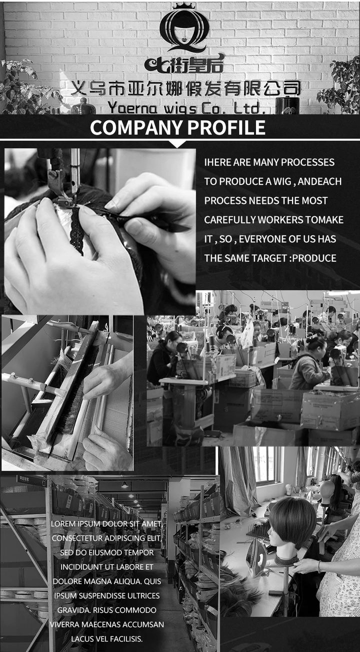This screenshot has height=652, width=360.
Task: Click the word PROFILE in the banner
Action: pyautogui.click(x=226, y=127)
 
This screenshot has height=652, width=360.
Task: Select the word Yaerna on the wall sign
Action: pyautogui.click(x=132, y=108)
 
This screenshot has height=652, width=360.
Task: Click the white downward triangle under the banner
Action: pyautogui.click(x=177, y=144)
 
